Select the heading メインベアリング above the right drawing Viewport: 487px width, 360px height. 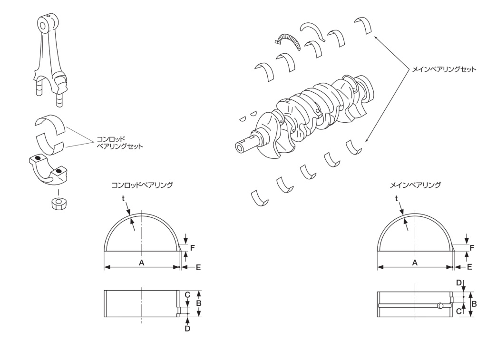[x=415, y=185]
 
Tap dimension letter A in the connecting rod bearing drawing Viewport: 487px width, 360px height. [x=141, y=263]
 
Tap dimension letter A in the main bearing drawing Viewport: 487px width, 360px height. [x=415, y=263]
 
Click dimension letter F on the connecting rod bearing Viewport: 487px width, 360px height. [x=192, y=247]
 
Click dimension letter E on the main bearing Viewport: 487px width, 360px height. [x=469, y=267]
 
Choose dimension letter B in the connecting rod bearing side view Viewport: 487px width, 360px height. [x=200, y=303]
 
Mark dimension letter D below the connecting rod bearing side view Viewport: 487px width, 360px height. [x=187, y=328]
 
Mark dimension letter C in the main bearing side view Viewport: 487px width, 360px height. [x=458, y=311]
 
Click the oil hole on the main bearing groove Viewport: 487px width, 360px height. [x=441, y=305]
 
